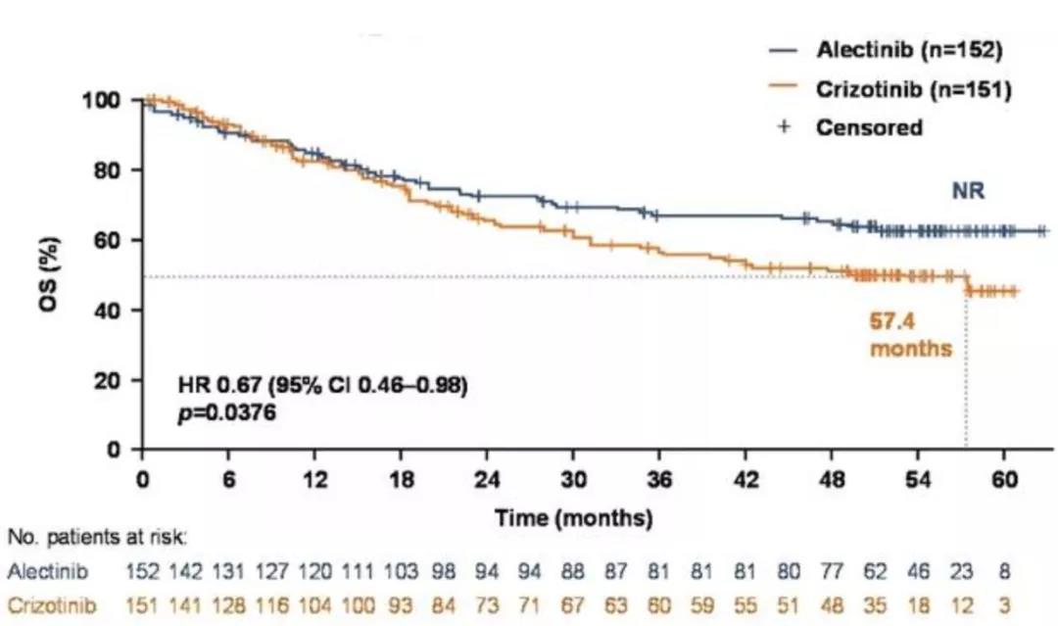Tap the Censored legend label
[870, 127]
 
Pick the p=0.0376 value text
[227, 413]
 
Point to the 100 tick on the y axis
[108, 101]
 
